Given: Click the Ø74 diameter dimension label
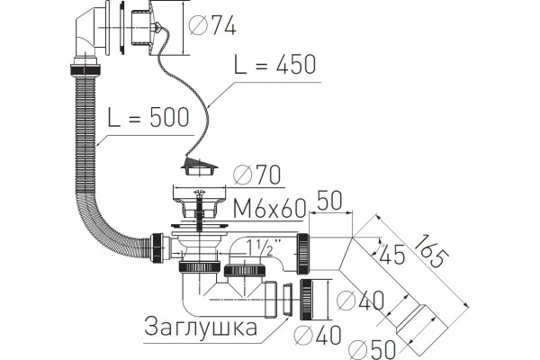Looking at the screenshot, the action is (x=212, y=25).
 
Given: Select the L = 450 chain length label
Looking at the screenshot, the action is (x=274, y=65).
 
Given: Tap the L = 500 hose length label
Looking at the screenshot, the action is (x=148, y=117).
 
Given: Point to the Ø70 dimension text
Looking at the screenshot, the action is (x=256, y=175).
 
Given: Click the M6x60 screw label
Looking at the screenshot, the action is (x=269, y=208).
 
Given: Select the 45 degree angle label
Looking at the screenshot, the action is (x=391, y=255).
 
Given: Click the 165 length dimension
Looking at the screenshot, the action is (x=431, y=251).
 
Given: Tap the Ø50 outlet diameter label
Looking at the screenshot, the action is (x=373, y=349).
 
